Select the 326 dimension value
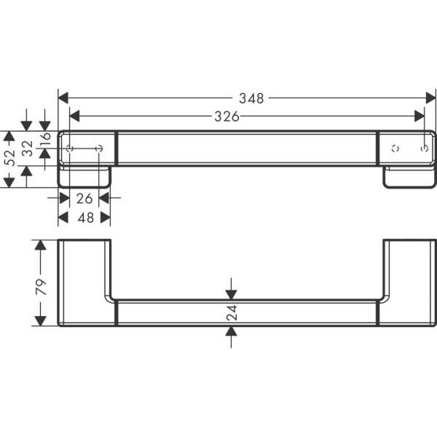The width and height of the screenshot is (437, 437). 227,116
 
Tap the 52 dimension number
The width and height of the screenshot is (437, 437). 9,160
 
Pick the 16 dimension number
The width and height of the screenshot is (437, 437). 45,138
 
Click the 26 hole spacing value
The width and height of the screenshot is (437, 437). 84,197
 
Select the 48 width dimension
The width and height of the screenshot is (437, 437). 85,218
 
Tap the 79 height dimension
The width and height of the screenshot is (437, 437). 42,283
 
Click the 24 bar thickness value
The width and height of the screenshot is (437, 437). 232,313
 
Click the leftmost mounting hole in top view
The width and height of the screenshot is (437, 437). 70,149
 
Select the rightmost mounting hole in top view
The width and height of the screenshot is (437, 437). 425,149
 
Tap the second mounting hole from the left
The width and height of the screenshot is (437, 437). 100,149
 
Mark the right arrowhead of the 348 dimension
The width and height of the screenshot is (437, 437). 430,98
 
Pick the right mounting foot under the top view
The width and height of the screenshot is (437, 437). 409,177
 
